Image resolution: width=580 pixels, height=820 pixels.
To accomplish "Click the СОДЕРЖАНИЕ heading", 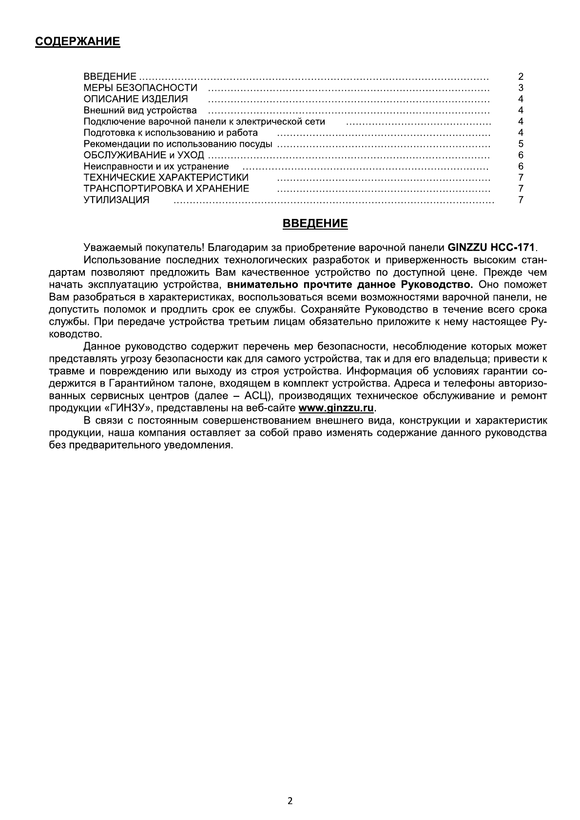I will (x=77, y=41).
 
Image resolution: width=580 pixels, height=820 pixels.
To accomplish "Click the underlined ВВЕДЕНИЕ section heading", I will (x=315, y=224).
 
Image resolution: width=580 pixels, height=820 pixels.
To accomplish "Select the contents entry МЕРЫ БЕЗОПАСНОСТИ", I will (x=140, y=88).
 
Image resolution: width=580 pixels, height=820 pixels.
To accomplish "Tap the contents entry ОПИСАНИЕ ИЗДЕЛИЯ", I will (x=135, y=99).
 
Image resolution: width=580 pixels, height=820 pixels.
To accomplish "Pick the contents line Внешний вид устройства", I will (x=140, y=110).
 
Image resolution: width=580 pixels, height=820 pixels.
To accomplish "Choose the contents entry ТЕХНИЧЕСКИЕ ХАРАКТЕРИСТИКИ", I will (x=166, y=177).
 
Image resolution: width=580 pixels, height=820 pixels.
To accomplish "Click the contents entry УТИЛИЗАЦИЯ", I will (x=116, y=200).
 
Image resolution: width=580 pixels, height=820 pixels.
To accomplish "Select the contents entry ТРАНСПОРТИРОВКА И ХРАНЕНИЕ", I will (x=166, y=189).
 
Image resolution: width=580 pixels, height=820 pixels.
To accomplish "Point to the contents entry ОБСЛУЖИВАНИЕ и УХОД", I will (x=144, y=155).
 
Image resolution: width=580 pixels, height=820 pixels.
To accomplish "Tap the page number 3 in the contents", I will (x=521, y=88).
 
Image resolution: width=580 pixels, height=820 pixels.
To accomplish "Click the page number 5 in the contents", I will (x=521, y=144).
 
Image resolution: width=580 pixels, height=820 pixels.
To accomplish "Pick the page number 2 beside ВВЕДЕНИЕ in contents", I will (x=521, y=77).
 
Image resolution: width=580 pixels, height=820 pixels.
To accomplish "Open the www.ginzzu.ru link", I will (x=336, y=408).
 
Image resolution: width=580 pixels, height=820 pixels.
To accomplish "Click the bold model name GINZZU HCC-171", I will (x=491, y=247).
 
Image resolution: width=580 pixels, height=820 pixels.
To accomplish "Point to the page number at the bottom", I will (x=290, y=800).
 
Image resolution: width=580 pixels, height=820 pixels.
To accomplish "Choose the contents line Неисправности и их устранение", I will (x=156, y=166).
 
